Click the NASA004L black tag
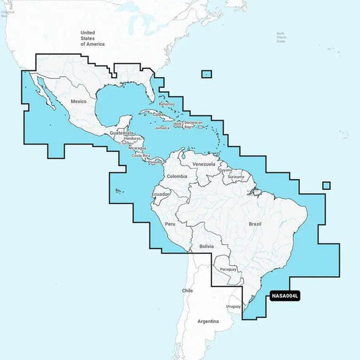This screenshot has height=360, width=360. tap(284, 295)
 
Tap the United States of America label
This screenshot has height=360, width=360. tap(93, 38)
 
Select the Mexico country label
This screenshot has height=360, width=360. tap(79, 101)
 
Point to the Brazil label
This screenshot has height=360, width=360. tap(255, 223)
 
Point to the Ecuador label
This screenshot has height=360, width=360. tap(161, 195)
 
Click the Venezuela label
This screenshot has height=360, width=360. tap(203, 164)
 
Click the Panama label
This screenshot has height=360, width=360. tap(155, 162)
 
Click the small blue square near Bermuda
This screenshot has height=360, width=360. tap(207, 74)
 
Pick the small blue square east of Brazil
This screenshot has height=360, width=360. tap(326, 186)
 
